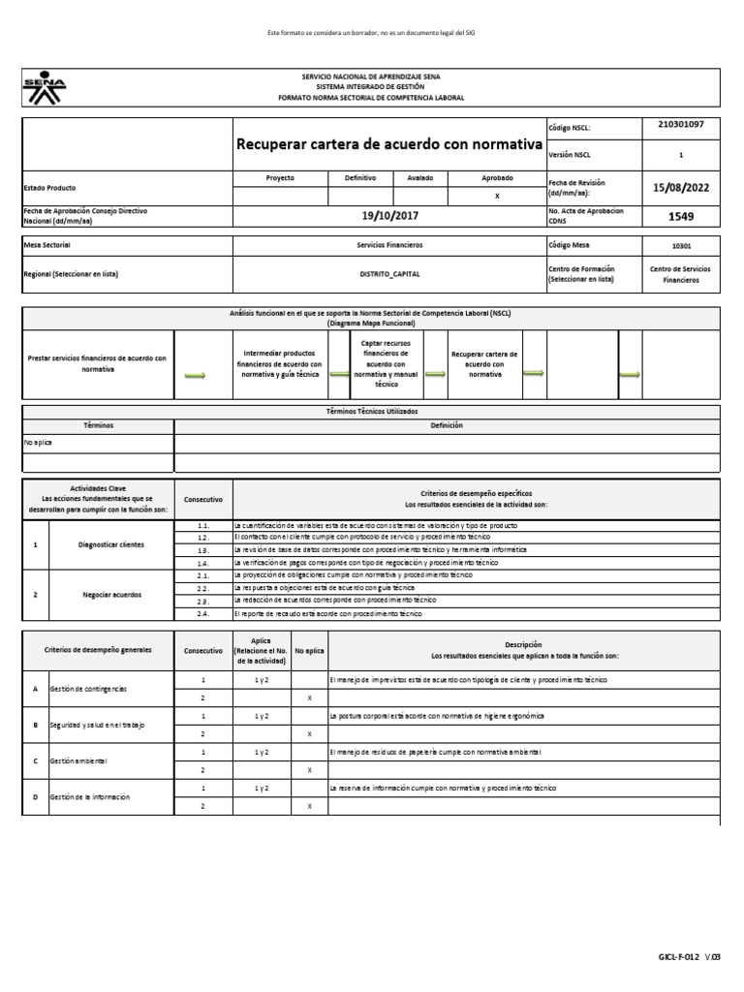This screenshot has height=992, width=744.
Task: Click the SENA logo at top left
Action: [x=45, y=90]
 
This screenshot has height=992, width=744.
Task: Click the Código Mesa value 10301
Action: [x=681, y=246]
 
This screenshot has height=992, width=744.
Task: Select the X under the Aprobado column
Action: [x=497, y=196]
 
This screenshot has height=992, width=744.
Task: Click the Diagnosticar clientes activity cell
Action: [x=110, y=544]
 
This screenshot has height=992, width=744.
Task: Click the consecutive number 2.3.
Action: [x=203, y=601]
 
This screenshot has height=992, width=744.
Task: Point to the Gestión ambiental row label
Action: [x=75, y=760]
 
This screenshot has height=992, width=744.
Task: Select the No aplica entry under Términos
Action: [x=38, y=443]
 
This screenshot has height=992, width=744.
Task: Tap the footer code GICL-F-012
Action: [x=692, y=957]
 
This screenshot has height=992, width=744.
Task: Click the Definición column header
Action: [x=447, y=425]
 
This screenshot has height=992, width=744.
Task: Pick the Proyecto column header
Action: [x=280, y=178]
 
